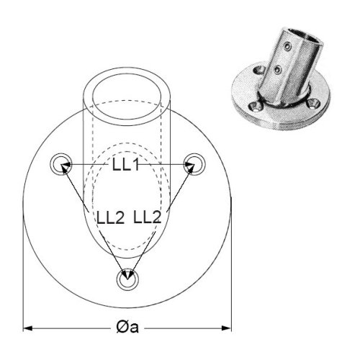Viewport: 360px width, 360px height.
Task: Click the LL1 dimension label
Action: pos(126,165)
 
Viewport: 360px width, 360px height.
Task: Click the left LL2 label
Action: pos(111,217)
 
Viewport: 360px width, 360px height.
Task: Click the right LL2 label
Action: pos(147,217)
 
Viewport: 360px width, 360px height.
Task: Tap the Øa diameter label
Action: pos(127,328)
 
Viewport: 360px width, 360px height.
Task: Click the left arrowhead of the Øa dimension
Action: pos(28,328)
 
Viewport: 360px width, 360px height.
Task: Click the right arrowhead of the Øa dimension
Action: pos(226,328)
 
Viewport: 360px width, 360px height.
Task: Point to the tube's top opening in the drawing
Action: pos(127,74)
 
